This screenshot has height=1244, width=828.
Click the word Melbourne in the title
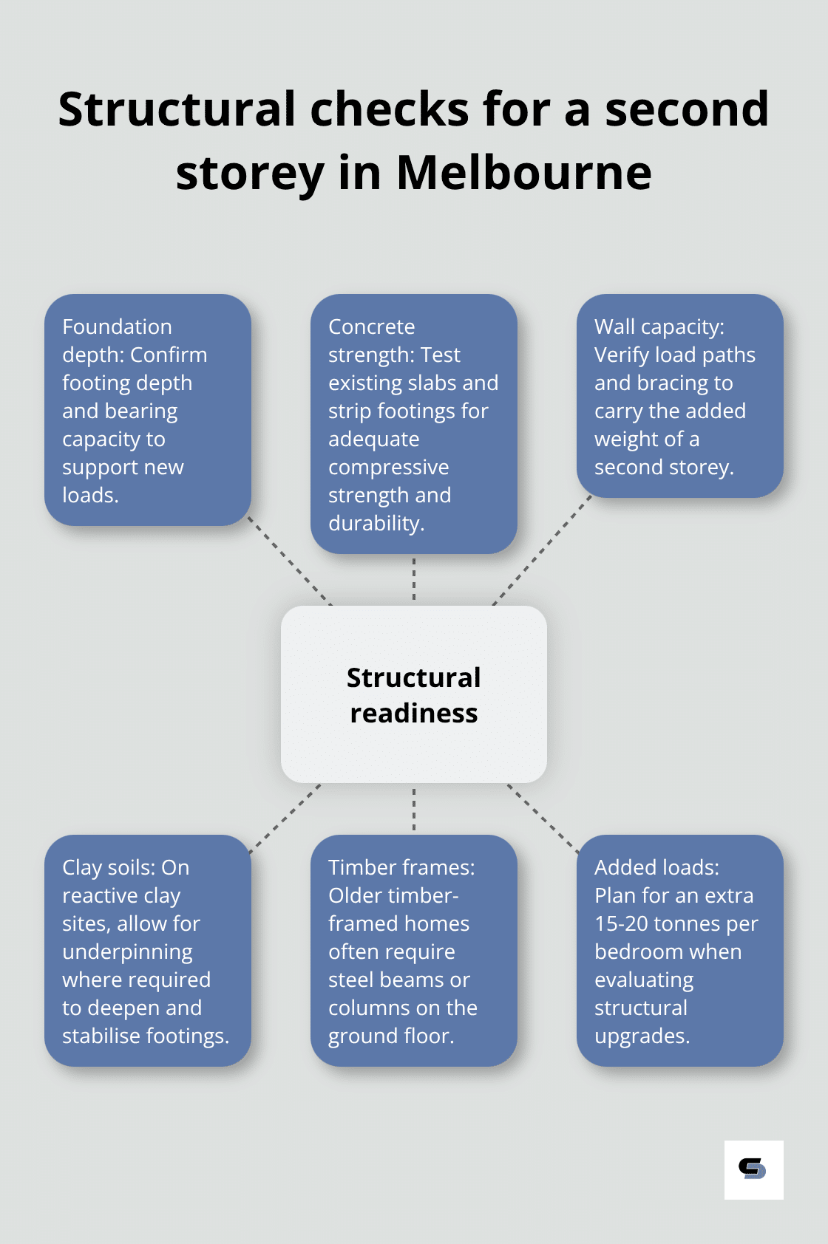(x=523, y=173)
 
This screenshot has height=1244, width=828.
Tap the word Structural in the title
(x=177, y=109)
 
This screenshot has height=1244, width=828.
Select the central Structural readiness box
(x=413, y=694)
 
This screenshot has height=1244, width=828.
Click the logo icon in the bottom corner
(x=753, y=1169)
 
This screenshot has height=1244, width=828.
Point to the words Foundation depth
(x=117, y=340)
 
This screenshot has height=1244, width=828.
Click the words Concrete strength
(x=371, y=340)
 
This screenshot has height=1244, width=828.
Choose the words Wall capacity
(x=658, y=327)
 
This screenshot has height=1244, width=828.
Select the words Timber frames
(x=401, y=867)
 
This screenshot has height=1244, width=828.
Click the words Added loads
(x=656, y=867)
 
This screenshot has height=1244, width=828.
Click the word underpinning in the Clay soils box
(x=127, y=951)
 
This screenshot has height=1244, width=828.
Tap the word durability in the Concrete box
(x=375, y=523)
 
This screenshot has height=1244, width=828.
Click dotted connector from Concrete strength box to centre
(x=414, y=580)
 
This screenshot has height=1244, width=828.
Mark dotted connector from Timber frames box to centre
(x=414, y=809)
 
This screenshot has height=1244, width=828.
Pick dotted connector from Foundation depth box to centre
(x=291, y=561)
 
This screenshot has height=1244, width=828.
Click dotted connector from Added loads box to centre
(x=543, y=818)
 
